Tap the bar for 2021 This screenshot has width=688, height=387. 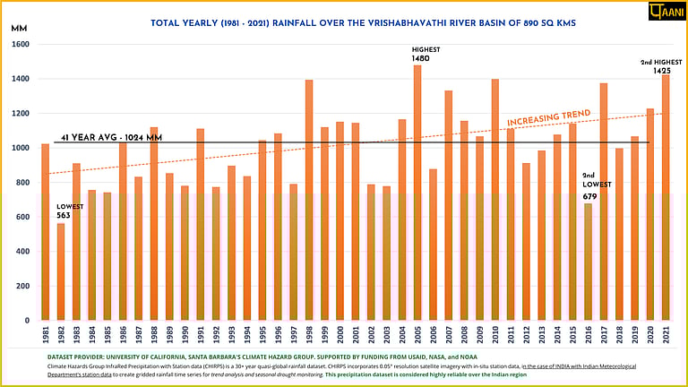665,197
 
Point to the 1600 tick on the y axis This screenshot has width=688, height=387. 21,45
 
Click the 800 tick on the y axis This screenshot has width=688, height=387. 21,183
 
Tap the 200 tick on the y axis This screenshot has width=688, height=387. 21,287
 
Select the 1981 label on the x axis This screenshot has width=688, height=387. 46,334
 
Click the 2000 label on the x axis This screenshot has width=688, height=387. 340,334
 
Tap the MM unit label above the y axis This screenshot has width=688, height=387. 19,29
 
